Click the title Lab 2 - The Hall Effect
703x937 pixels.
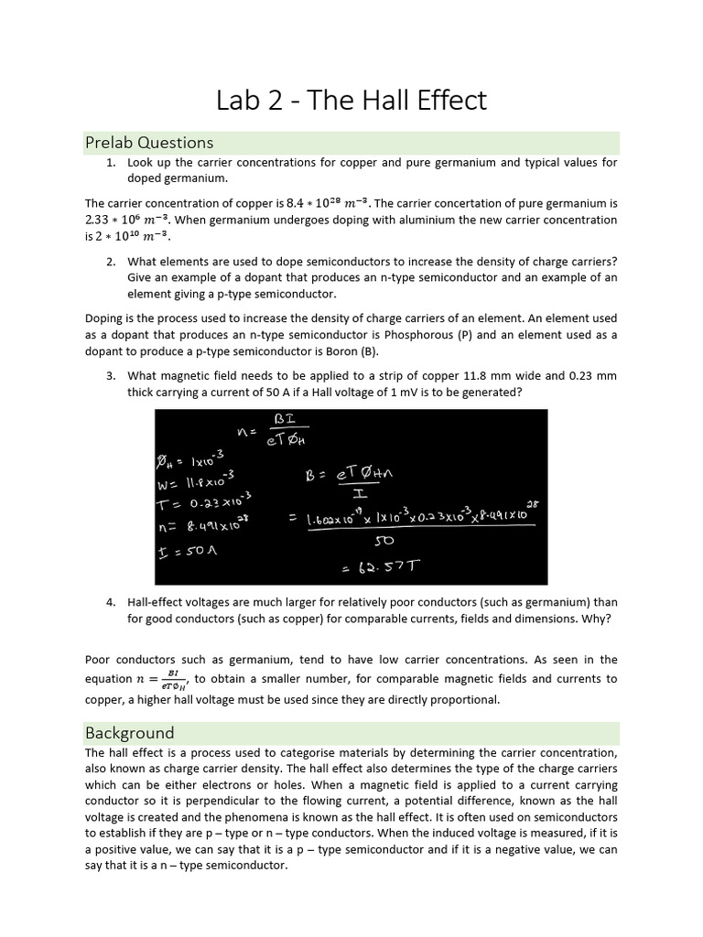(351, 100)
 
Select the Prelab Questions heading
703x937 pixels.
(149, 142)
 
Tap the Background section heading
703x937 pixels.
(129, 732)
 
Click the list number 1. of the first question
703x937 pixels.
(111, 163)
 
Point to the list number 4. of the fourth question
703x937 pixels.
(111, 602)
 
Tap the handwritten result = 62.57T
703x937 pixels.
(383, 566)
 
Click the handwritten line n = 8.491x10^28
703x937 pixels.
(206, 526)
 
